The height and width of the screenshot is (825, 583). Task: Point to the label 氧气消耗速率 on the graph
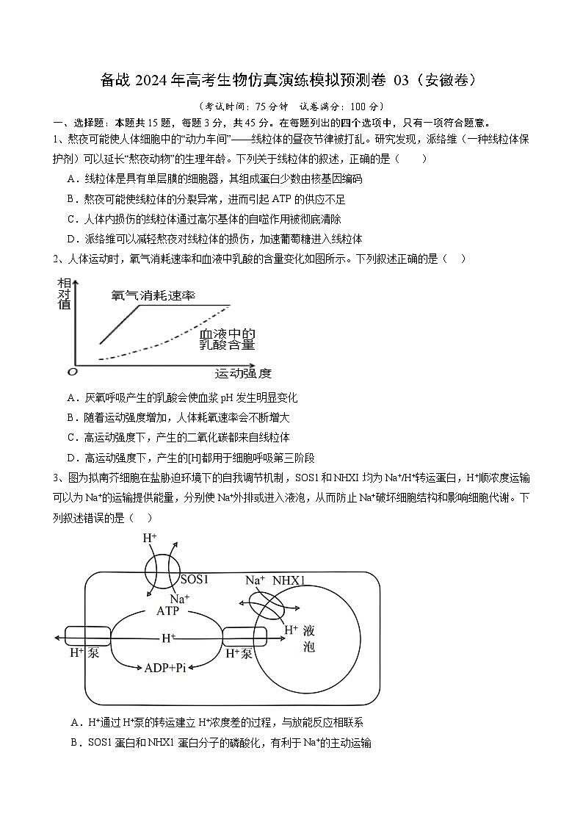(x=153, y=295)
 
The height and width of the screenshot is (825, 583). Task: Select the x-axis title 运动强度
(x=243, y=373)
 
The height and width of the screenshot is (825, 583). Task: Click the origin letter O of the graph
(x=71, y=372)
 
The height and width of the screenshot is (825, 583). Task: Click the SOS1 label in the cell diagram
(x=195, y=579)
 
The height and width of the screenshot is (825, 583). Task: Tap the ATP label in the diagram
(x=167, y=611)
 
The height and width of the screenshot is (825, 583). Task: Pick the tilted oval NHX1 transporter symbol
(x=266, y=608)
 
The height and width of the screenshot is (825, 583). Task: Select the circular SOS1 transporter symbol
(x=162, y=572)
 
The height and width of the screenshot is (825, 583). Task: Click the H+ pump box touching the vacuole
(x=238, y=635)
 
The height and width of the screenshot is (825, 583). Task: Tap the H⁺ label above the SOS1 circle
(x=149, y=538)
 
